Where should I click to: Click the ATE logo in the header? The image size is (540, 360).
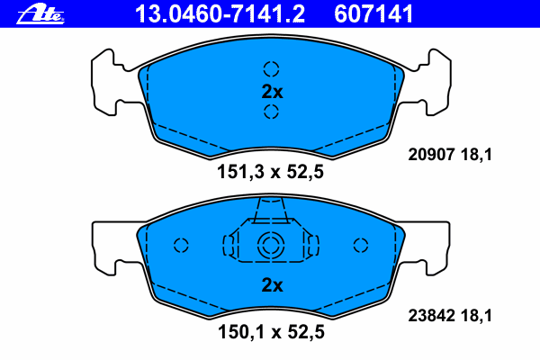[x=40, y=14]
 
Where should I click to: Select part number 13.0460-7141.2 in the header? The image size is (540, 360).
[x=220, y=14]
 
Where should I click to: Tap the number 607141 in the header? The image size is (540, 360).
[x=373, y=14]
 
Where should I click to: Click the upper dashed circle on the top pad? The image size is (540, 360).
[x=272, y=69]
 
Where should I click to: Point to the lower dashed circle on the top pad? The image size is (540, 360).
[x=272, y=112]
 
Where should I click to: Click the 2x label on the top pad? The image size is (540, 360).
[x=272, y=92]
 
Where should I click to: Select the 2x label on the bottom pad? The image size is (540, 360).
[x=272, y=285]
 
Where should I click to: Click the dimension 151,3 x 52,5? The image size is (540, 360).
[x=270, y=172]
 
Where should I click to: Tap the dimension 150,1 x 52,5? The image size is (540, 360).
[x=271, y=332]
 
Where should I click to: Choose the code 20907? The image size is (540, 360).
[x=431, y=154]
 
